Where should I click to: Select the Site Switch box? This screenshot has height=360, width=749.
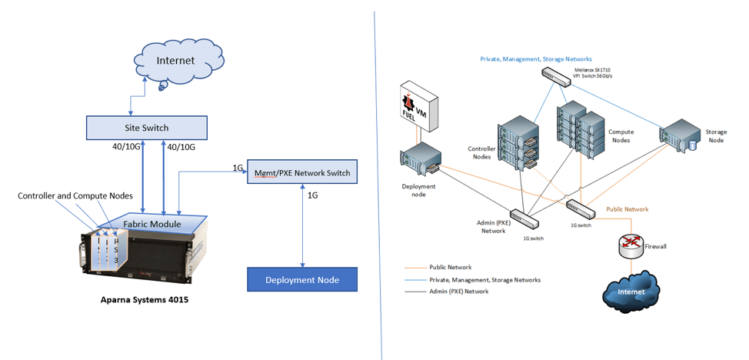146,127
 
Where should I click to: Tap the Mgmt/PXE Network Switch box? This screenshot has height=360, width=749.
303,173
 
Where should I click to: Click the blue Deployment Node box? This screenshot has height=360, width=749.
302,279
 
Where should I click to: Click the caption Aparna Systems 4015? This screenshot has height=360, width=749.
143,300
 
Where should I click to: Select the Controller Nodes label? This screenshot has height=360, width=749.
481,152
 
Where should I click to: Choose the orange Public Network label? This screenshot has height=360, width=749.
627,209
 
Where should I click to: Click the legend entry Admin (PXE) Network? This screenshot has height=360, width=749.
458,292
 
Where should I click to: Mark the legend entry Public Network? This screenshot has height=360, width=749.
449,268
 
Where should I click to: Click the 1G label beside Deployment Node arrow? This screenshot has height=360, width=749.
313,195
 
